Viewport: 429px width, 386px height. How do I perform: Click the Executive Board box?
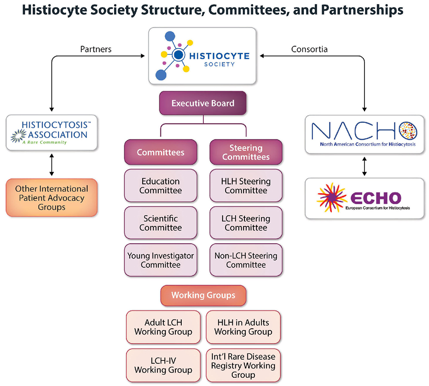point(203,103)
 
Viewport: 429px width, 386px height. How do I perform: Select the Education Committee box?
point(160,186)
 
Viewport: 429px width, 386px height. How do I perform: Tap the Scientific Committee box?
point(160,223)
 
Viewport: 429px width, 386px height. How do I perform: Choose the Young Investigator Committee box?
point(160,260)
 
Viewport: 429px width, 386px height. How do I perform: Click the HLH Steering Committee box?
point(246,186)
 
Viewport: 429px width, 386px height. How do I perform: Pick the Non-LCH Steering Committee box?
point(246,260)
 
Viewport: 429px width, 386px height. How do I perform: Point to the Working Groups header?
point(203,295)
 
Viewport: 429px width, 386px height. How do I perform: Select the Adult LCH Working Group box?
point(163,327)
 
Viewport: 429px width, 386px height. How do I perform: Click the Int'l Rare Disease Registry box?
point(243,365)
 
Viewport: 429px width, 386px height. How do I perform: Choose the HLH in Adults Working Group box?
point(243,327)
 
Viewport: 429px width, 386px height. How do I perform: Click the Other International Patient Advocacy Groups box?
point(52,198)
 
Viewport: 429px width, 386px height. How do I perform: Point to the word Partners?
point(96,49)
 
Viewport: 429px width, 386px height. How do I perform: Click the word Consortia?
point(309,49)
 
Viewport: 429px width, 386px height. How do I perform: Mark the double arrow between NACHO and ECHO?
point(365,166)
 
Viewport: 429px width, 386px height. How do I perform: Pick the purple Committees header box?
point(160,152)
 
